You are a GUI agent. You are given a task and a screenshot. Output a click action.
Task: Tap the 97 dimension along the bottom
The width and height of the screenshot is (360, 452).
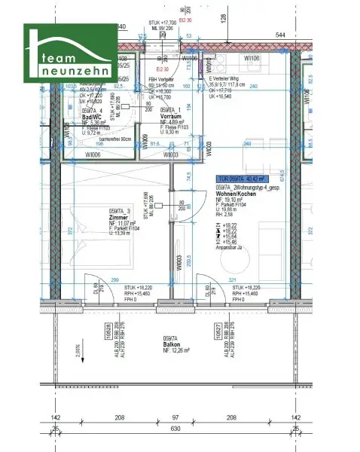click(x=175, y=417)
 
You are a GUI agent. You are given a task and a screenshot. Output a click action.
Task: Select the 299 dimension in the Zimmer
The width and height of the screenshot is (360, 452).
click(x=115, y=279)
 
